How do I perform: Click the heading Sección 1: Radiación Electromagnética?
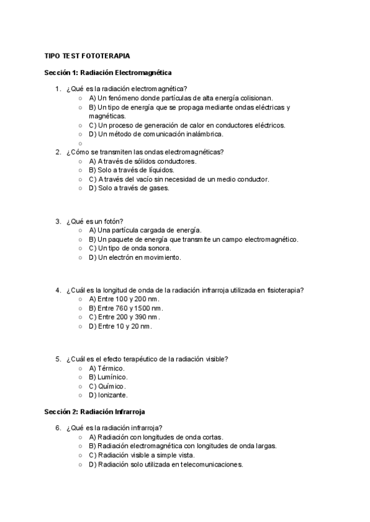point(108,73)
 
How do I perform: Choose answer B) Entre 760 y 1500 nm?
point(125,308)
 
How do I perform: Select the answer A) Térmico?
point(107,368)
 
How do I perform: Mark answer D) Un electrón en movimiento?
point(134,257)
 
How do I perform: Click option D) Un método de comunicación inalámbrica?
point(155,134)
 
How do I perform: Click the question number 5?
point(58,359)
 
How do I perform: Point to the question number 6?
point(58,428)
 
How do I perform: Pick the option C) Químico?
point(107,386)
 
